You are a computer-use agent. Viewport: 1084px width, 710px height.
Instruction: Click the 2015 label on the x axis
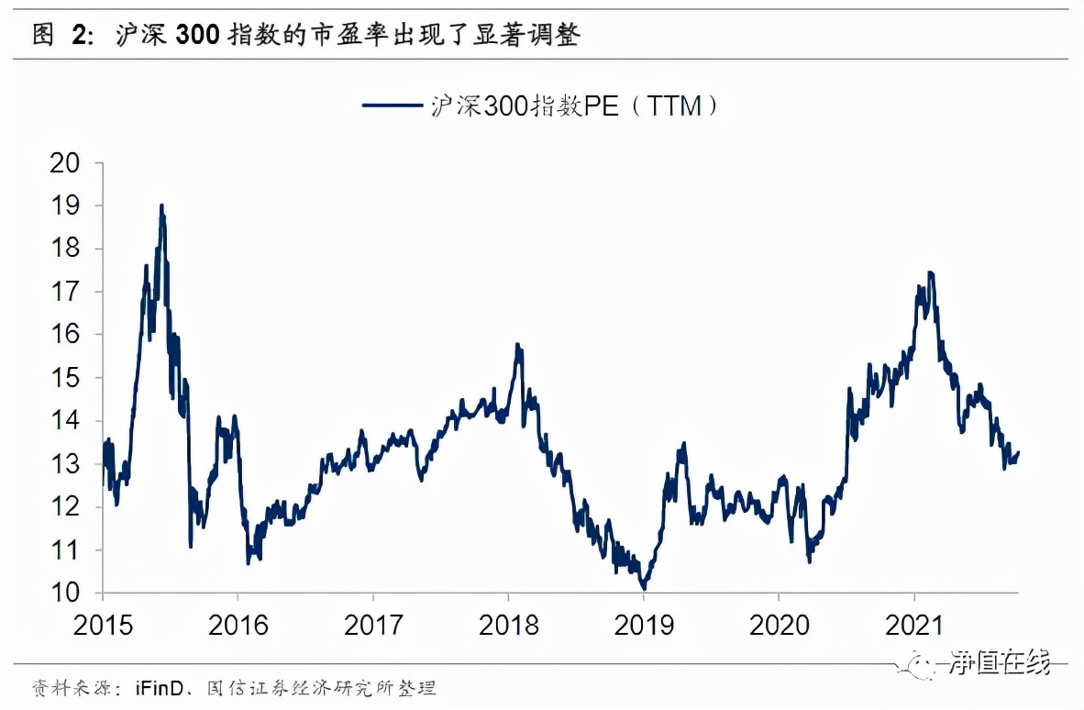click(x=103, y=626)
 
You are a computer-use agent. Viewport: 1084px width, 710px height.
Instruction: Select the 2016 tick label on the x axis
click(x=238, y=626)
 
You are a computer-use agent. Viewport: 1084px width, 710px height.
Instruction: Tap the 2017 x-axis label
click(x=373, y=626)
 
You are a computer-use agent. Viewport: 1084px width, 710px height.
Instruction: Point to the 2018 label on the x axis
click(x=508, y=626)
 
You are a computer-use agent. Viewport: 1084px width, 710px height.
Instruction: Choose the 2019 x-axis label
click(x=644, y=626)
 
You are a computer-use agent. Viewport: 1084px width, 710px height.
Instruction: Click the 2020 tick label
click(x=779, y=626)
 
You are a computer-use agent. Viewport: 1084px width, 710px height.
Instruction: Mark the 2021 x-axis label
click(x=914, y=626)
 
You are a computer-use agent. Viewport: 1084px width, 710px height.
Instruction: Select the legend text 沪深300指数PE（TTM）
click(x=574, y=105)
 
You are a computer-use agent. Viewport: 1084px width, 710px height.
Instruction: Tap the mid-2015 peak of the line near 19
click(x=161, y=205)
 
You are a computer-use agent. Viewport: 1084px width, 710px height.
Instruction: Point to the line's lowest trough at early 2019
click(x=644, y=588)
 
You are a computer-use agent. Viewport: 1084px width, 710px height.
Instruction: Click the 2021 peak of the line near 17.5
click(x=931, y=272)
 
